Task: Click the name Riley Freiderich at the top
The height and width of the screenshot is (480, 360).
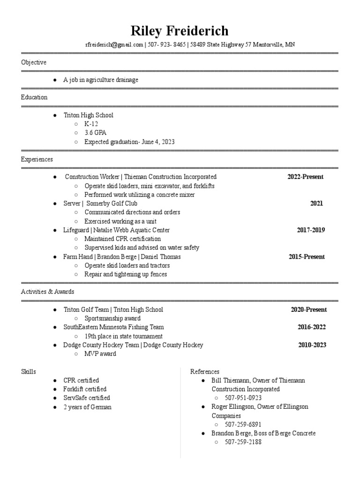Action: [x=180, y=31]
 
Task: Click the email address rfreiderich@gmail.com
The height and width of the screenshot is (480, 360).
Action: [x=114, y=45]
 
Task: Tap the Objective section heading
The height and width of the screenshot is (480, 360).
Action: [x=33, y=62]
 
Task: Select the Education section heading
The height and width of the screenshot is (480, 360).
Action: [x=34, y=97]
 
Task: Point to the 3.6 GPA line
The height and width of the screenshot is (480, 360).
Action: [x=95, y=133]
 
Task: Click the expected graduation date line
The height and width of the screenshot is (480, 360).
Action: [x=129, y=142]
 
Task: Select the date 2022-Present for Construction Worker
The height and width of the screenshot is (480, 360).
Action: [x=305, y=177]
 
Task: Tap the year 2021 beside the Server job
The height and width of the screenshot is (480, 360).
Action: [x=316, y=203]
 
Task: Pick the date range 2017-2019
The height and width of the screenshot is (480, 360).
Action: [x=311, y=230]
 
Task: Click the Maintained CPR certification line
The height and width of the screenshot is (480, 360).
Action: [x=122, y=239]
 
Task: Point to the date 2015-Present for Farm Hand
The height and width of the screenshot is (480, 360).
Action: [x=307, y=257]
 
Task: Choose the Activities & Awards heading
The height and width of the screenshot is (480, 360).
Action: [x=47, y=292]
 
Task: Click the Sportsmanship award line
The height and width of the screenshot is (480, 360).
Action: [x=112, y=318]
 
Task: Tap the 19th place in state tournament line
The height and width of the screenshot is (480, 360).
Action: [x=123, y=336]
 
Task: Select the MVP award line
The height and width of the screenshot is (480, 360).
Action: [x=100, y=354]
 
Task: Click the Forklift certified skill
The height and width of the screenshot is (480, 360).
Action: [x=85, y=389]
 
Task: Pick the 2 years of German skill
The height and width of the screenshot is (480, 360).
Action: [x=88, y=407]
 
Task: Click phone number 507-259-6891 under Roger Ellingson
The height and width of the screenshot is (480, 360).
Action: [x=243, y=425]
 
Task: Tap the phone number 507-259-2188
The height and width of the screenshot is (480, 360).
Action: [x=243, y=442]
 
